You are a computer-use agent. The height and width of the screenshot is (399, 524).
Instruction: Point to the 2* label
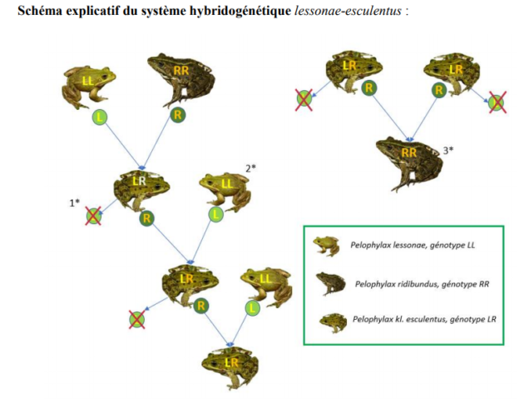click(x=250, y=168)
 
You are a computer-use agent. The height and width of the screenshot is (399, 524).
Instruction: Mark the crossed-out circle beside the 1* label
click(x=94, y=217)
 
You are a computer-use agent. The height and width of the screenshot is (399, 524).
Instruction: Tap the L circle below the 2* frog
click(x=216, y=214)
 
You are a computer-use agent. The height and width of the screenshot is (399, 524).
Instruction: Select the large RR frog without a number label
click(x=180, y=79)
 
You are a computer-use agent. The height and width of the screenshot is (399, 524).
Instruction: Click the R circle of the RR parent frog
click(x=175, y=115)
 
